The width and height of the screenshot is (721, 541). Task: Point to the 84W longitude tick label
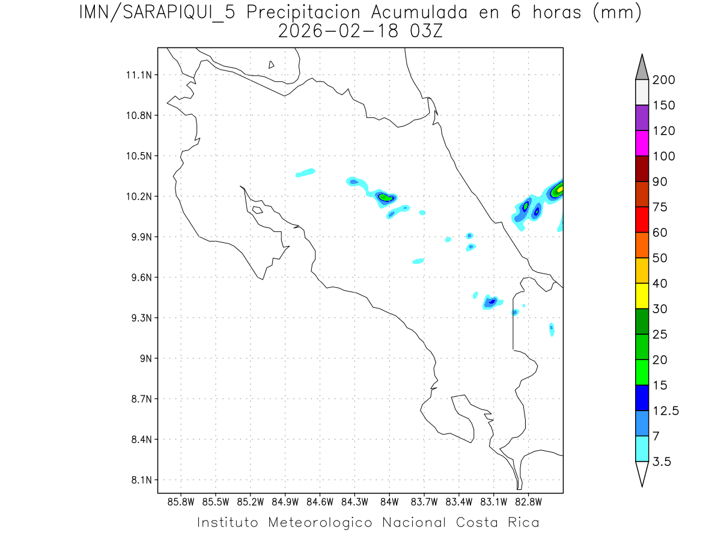389,501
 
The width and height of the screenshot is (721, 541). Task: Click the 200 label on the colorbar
663,80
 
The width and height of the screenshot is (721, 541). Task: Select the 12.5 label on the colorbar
666,411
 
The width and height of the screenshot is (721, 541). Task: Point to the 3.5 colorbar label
663,462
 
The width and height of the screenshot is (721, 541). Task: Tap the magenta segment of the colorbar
642,143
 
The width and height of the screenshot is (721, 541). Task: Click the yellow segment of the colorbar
642,296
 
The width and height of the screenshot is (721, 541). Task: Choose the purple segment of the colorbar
642,118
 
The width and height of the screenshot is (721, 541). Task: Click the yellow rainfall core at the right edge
559,189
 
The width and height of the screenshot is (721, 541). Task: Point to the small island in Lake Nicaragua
272,64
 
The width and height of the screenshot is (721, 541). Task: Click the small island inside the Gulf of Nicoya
257,210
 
